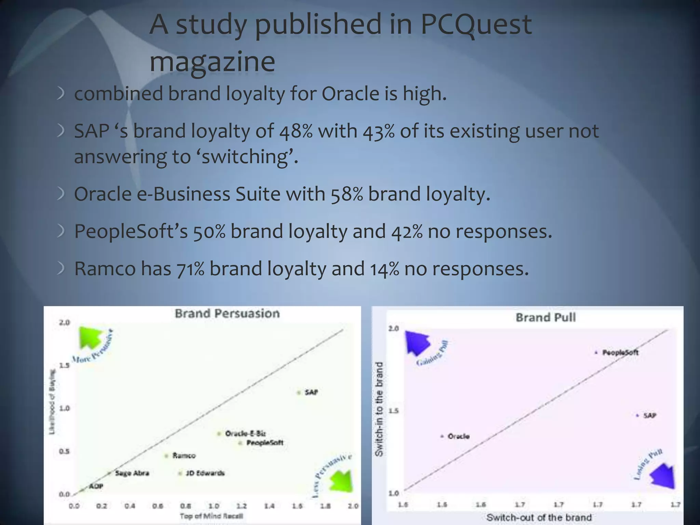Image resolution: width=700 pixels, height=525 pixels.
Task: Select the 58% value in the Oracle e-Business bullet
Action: click(x=347, y=194)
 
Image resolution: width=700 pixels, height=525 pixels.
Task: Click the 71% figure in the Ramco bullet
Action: click(x=190, y=269)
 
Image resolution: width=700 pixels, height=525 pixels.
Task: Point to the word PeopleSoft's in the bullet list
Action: click(x=131, y=231)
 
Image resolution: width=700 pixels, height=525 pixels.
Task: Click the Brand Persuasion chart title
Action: click(x=227, y=313)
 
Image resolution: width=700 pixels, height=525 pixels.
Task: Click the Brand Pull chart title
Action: click(x=546, y=317)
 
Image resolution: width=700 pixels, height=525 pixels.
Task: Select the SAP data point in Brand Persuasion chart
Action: click(x=298, y=392)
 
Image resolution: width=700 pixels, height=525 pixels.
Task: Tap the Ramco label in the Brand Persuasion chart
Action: click(x=184, y=456)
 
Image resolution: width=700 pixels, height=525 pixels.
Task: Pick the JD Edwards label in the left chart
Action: click(x=205, y=473)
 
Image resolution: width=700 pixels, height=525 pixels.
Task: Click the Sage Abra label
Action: click(x=132, y=473)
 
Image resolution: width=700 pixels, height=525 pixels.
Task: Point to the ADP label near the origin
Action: click(x=96, y=486)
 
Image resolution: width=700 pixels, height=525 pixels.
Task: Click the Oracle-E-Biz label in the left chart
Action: click(x=245, y=433)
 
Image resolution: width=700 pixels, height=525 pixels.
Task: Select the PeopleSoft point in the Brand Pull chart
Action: click(x=596, y=352)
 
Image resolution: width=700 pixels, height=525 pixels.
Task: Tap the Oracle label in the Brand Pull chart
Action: click(x=458, y=436)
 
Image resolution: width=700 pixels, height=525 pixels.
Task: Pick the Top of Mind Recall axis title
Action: click(x=211, y=516)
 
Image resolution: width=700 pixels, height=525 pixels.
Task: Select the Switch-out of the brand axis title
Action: click(x=539, y=517)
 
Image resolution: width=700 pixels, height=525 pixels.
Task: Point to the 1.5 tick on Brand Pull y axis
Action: click(x=393, y=410)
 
